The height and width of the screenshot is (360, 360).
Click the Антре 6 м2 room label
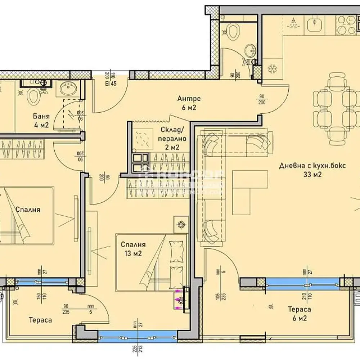[189, 103]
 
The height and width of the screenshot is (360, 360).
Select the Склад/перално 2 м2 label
[174, 139]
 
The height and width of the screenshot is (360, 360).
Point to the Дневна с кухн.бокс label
[312, 170]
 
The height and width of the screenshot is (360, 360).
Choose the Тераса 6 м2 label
[299, 314]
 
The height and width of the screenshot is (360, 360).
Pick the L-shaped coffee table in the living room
[248, 189]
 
